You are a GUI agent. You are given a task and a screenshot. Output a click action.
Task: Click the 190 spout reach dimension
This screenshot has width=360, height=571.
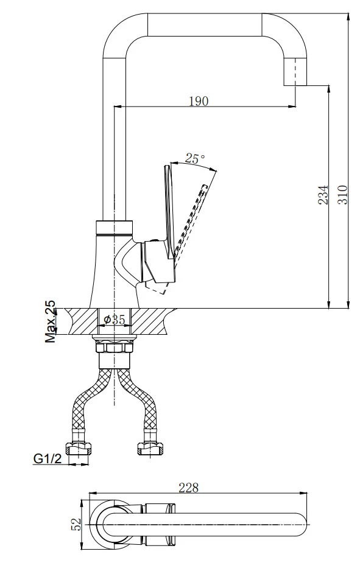199,101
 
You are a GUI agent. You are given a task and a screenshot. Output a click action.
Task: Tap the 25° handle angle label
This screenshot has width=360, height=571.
195,158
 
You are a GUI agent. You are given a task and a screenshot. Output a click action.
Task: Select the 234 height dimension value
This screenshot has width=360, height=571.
323,195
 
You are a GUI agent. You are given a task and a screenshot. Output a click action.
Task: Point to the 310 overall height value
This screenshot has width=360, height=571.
342,195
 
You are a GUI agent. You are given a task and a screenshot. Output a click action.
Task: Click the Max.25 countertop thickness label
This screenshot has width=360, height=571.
51,321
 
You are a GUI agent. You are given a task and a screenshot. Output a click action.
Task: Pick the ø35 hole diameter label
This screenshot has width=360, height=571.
115,320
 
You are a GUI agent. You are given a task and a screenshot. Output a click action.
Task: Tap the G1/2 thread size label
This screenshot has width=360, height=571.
48,459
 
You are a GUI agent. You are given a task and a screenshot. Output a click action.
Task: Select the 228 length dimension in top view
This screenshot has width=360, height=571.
188,488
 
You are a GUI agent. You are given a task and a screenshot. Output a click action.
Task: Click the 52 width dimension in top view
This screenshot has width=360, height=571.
77,524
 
